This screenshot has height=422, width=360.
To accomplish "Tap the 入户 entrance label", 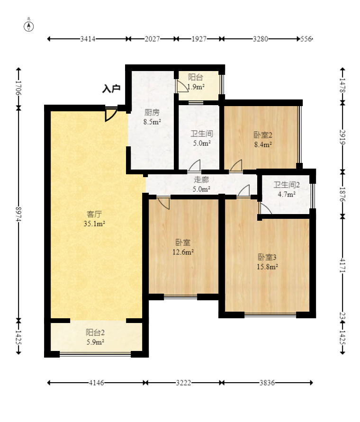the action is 111,89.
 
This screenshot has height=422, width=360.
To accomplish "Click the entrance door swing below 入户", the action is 110,115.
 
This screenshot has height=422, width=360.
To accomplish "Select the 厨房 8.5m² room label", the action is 152,117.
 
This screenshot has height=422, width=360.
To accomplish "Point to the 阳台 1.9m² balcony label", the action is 196,82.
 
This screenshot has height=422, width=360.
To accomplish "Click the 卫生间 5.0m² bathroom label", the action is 202,138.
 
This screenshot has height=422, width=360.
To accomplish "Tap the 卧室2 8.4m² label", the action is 263,140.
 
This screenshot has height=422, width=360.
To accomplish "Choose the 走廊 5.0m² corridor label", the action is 201,184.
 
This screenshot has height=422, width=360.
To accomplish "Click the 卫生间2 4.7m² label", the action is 287,189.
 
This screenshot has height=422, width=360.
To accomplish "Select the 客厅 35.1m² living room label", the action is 94,219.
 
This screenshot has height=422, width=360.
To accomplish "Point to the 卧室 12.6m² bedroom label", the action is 183,247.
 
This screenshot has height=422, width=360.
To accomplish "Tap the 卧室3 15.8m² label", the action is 267,262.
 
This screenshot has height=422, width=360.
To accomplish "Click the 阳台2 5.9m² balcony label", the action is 95,337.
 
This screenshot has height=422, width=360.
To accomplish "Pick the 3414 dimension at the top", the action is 88,39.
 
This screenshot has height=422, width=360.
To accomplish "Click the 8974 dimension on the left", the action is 18,214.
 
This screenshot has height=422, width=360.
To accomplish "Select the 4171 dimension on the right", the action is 342,265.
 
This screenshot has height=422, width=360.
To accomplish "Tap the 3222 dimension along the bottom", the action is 184,383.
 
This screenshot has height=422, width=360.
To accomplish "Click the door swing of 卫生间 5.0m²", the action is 194,165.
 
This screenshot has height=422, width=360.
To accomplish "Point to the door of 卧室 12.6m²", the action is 164,203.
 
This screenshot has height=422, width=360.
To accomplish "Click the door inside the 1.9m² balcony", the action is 182,86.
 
